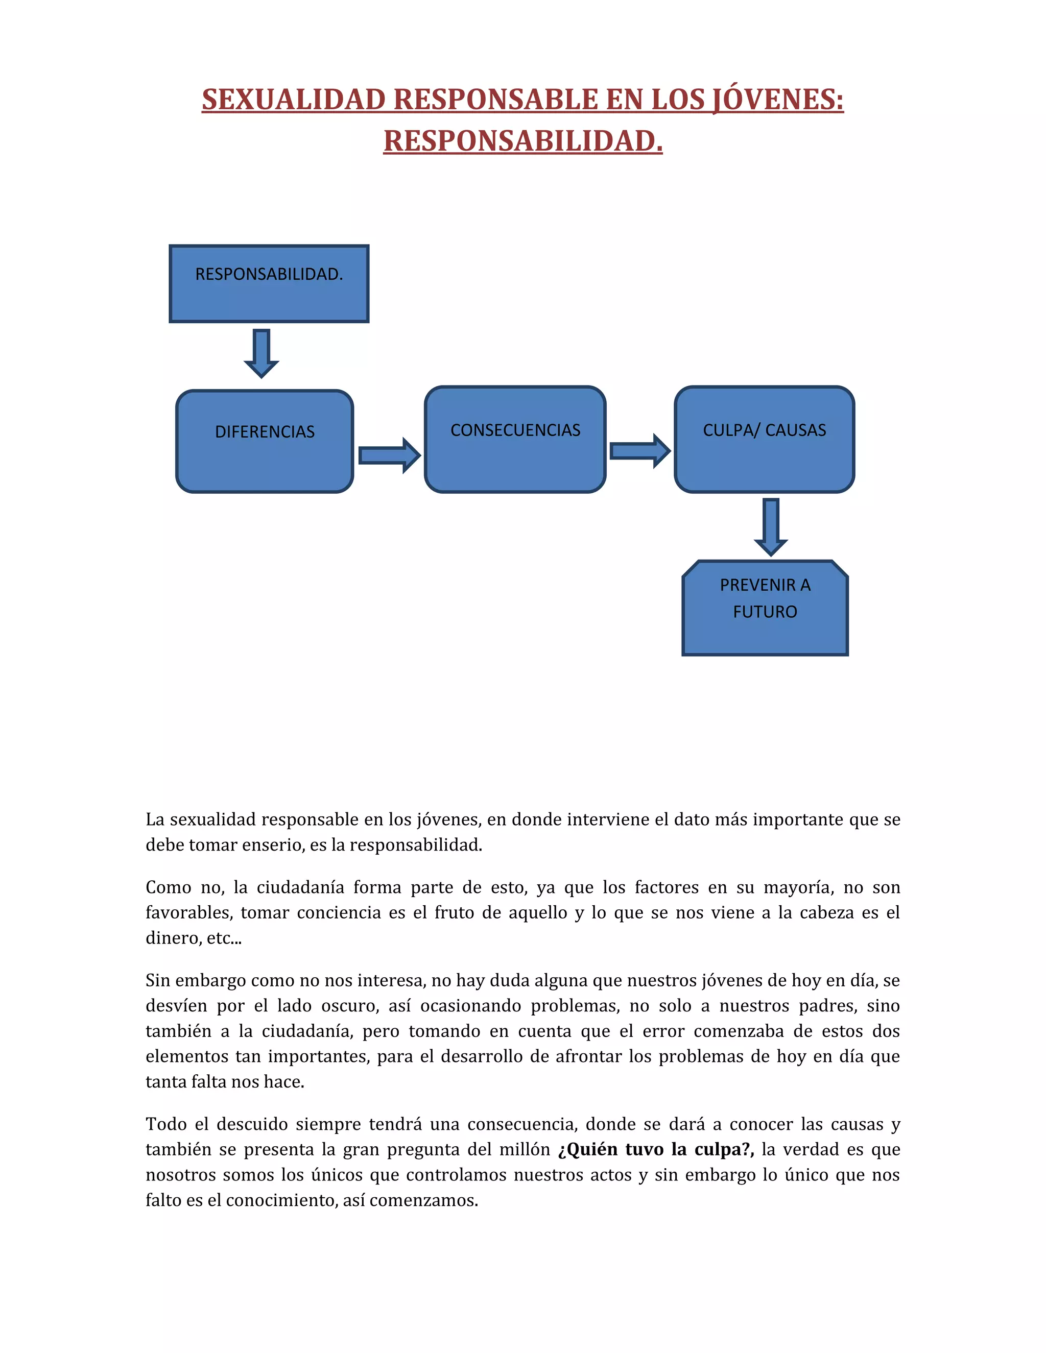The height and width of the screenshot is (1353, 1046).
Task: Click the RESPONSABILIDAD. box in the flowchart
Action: [x=269, y=284]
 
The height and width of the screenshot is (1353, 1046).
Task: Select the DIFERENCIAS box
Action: [x=265, y=441]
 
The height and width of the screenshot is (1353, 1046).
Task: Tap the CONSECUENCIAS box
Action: [x=515, y=439]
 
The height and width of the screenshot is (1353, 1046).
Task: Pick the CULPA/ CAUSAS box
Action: [x=764, y=439]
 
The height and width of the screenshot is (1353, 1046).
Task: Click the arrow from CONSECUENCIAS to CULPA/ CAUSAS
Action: [x=639, y=451]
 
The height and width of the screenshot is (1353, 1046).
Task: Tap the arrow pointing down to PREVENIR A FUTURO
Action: [x=771, y=526]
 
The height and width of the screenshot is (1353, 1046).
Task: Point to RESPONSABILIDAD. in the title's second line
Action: [x=523, y=140]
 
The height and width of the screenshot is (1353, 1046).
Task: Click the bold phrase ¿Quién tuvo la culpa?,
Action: [x=656, y=1149]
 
